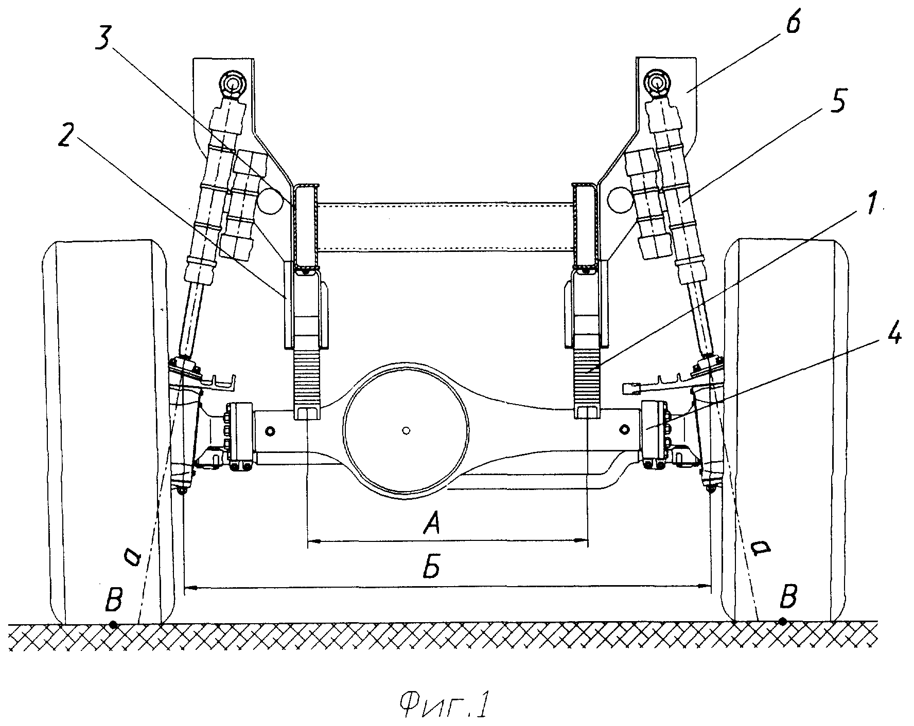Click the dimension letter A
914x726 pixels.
click(x=431, y=525)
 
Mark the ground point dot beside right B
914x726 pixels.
click(x=782, y=622)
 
